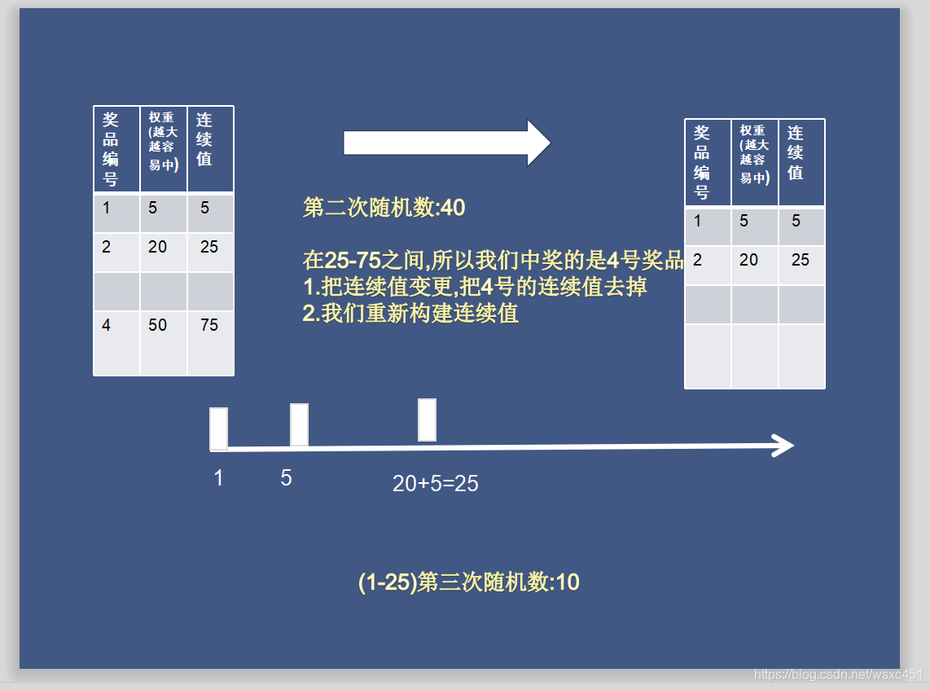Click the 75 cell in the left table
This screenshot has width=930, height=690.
[209, 325]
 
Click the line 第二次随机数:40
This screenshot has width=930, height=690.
[384, 208]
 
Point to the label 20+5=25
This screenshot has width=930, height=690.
[436, 484]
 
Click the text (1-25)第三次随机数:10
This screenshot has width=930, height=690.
[468, 582]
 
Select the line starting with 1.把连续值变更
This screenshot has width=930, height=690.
[475, 287]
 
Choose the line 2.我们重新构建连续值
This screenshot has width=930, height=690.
[410, 314]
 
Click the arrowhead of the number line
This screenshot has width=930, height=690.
[783, 446]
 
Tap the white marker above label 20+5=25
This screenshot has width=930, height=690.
[427, 420]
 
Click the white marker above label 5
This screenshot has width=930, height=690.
[299, 424]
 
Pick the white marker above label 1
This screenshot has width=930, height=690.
[218, 428]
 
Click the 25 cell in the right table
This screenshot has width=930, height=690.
[801, 260]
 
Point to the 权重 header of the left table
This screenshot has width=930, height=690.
[162, 140]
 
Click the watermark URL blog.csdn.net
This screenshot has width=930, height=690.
[839, 675]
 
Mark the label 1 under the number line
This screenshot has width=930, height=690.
[218, 478]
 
